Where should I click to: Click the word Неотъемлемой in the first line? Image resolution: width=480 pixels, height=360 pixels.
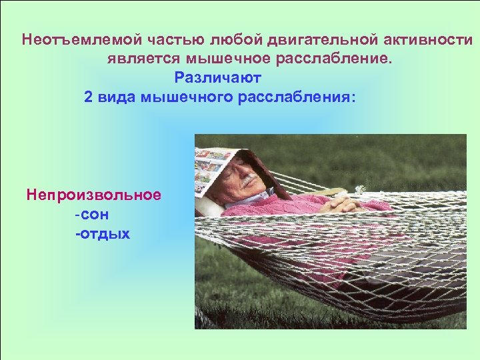click(65, 39)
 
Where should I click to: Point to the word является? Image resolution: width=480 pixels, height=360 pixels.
click(138, 59)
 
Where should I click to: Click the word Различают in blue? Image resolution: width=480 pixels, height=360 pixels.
click(218, 77)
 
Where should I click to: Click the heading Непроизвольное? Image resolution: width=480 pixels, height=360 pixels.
click(93, 195)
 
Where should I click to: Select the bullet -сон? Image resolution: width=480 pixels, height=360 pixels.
click(92, 215)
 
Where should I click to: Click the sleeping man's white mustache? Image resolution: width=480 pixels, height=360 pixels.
click(247, 181)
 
